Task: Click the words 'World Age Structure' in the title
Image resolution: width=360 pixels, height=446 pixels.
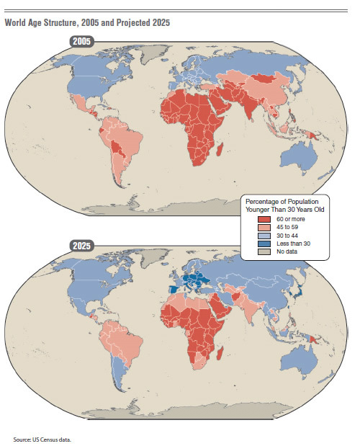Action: click(x=39, y=23)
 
